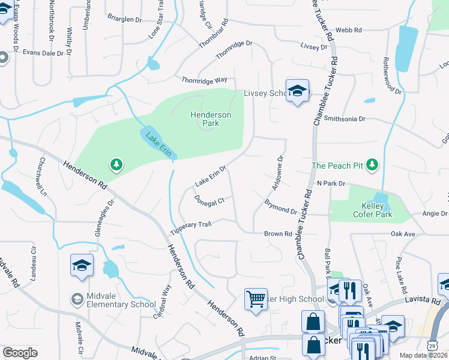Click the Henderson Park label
pos(211,119)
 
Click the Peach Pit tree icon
pos(372,164)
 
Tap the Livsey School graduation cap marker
pos(297,92)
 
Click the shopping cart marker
pos(256,299)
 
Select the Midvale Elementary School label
pos(121,304)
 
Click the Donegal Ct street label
pos(209,200)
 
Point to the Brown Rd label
pos(278,233)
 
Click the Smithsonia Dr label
pos(345,119)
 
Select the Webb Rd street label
pos(349,29)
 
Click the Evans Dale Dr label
pos(43,53)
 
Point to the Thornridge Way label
pos(205,79)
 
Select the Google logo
pos(20,353)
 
